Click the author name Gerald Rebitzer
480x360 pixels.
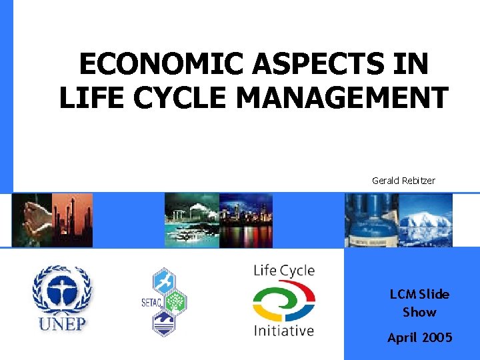pos(403,180)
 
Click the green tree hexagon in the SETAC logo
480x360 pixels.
pos(175,303)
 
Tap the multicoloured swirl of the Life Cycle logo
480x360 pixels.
pos(283,301)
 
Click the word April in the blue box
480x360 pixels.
pos(402,338)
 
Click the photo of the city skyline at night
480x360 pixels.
pos(245,220)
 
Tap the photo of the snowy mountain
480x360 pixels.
pos(425,220)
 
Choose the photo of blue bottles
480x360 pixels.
pos(371,220)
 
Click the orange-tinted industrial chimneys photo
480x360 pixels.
pos(73,220)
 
